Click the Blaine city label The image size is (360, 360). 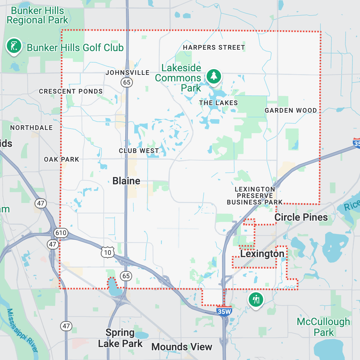pos(126,181)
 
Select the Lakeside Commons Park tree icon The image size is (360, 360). pos(214,76)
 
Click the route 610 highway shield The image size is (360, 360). pos(61,233)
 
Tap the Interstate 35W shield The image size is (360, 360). pos(224,311)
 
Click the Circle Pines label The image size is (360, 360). pos(301,217)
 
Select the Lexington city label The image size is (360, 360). pos(262,254)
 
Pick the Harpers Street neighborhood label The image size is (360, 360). pos(214,48)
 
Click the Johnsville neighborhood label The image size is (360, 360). pos(127,73)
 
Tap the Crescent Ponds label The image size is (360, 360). pos(71,91)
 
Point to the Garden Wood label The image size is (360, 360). pos(291,111)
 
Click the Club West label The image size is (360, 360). pos(139,151)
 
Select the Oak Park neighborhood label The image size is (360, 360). pos(62,159)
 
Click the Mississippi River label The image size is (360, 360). pos(22,329)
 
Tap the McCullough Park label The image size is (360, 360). pos(323,327)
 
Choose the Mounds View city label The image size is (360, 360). pos(181,347)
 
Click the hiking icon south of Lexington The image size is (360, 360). pos(256,299)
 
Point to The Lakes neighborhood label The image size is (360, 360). pos(219,103)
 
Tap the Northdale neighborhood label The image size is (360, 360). pos(31,128)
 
